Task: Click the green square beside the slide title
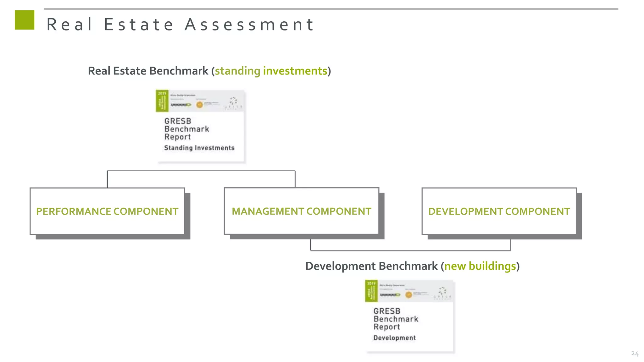(25, 20)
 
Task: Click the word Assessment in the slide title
(249, 25)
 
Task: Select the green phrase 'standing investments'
(271, 71)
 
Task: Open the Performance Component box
(107, 211)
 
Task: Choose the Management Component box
(301, 211)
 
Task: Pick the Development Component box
(499, 211)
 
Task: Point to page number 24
(635, 354)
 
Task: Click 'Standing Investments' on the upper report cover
(199, 148)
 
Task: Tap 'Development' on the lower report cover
(394, 338)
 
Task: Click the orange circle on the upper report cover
(199, 105)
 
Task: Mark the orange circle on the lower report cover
(408, 295)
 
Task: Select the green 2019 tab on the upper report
(162, 101)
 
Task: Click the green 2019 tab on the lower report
(371, 291)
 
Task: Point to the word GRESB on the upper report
(178, 121)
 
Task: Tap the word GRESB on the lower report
(387, 311)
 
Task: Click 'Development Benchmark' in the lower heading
(371, 266)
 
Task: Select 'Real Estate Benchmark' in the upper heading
(148, 71)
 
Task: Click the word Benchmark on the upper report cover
(187, 129)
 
